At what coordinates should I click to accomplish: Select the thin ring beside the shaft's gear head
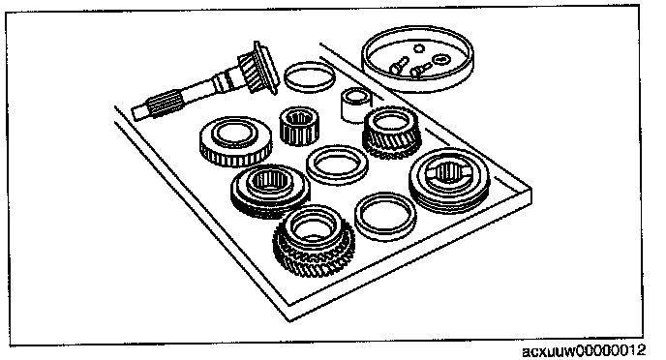tap(309, 76)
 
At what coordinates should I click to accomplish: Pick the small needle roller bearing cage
tap(299, 125)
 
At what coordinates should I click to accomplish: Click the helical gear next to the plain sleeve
tap(392, 132)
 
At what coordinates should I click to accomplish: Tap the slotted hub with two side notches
tap(449, 181)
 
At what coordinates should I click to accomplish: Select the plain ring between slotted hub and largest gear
tap(385, 217)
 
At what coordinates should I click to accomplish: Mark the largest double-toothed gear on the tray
tap(314, 241)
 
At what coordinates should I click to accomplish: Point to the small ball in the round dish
tap(419, 48)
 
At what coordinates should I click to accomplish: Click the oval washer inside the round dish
tap(440, 58)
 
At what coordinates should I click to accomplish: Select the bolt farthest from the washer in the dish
tap(399, 66)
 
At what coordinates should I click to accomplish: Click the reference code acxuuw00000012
tap(584, 351)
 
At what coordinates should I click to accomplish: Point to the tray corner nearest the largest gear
tap(289, 319)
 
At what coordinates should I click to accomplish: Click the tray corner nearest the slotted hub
tap(531, 188)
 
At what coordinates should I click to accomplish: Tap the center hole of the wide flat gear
tap(235, 134)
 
